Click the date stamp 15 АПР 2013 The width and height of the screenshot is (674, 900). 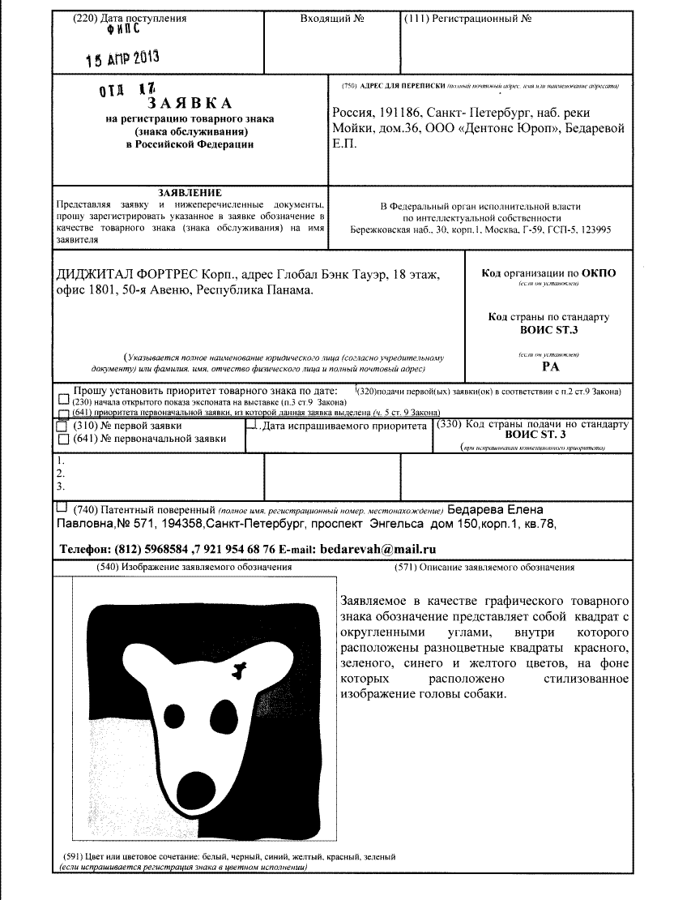pos(122,58)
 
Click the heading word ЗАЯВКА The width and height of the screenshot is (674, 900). pos(190,104)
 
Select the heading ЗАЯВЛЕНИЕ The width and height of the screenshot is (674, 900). pos(190,192)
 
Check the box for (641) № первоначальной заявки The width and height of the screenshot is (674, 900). pos(63,439)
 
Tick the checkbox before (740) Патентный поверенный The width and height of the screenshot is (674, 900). pos(62,508)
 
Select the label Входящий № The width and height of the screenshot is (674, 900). pos(327,18)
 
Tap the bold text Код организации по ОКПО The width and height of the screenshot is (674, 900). pos(548,273)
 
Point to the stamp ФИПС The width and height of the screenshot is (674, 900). pos(122,30)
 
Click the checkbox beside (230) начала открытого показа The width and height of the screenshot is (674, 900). pos(63,401)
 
